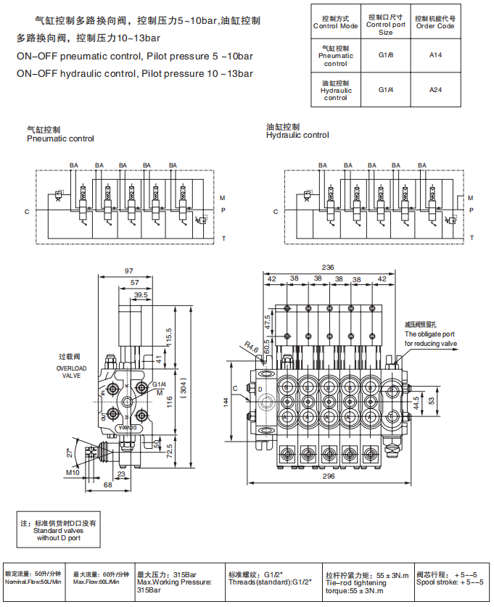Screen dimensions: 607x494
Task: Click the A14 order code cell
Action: click(435, 54)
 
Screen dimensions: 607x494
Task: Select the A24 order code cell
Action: click(435, 89)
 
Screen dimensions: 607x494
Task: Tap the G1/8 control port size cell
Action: click(385, 54)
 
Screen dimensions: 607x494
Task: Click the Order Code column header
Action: click(435, 22)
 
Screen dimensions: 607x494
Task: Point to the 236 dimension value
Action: click(329, 268)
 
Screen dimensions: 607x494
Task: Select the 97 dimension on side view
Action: click(129, 271)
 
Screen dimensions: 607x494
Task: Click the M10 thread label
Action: click(73, 473)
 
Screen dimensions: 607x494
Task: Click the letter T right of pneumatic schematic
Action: click(223, 239)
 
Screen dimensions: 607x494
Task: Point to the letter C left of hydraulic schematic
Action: click(276, 212)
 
